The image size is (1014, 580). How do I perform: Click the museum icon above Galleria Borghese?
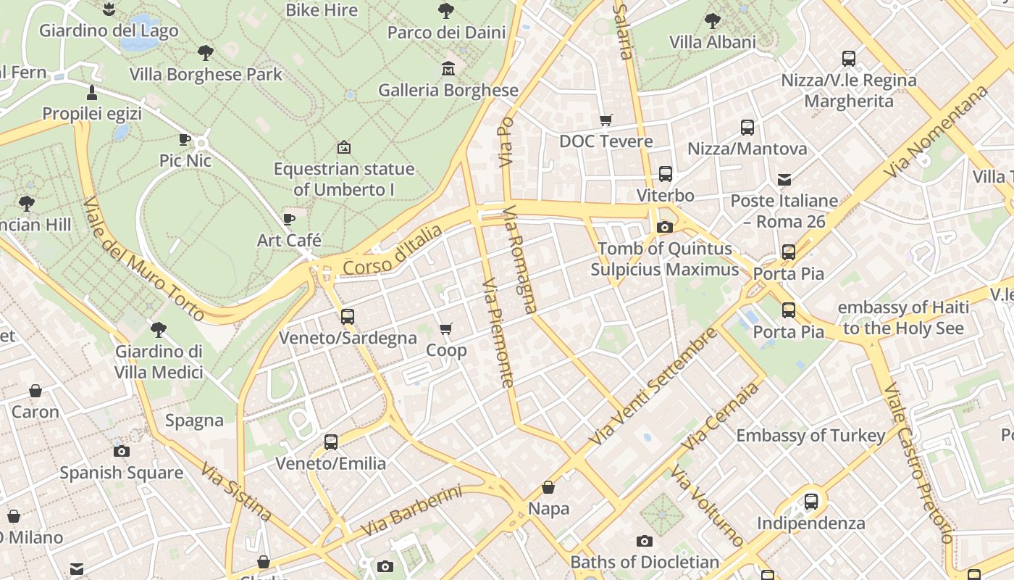pyautogui.click(x=448, y=69)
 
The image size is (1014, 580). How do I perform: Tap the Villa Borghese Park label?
pyautogui.click(x=206, y=74)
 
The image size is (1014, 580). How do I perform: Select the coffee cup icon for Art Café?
pyautogui.click(x=289, y=219)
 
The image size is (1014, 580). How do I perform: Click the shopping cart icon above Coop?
pyautogui.click(x=446, y=329)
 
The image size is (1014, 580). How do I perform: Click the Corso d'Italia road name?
pyautogui.click(x=392, y=251)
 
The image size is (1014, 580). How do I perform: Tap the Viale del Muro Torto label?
pyautogui.click(x=144, y=260)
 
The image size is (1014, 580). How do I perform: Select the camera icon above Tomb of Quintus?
pyautogui.click(x=664, y=227)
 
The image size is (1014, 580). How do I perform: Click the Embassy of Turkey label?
pyautogui.click(x=810, y=436)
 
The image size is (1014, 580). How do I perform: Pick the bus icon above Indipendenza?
pyautogui.click(x=811, y=501)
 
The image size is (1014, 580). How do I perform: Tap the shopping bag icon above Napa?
pyautogui.click(x=548, y=487)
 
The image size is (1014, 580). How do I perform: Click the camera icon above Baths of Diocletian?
pyautogui.click(x=644, y=541)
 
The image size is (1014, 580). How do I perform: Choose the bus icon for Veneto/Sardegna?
pyautogui.click(x=348, y=316)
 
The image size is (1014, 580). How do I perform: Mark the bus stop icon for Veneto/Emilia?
pyautogui.click(x=331, y=442)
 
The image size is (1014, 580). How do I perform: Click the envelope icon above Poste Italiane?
pyautogui.click(x=784, y=179)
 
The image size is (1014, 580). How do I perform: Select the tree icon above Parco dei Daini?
pyautogui.click(x=446, y=11)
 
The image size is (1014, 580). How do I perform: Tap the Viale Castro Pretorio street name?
pyautogui.click(x=916, y=463)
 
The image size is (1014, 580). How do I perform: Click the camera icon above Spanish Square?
pyautogui.click(x=122, y=451)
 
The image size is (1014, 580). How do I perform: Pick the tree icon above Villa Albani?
pyautogui.click(x=713, y=20)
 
